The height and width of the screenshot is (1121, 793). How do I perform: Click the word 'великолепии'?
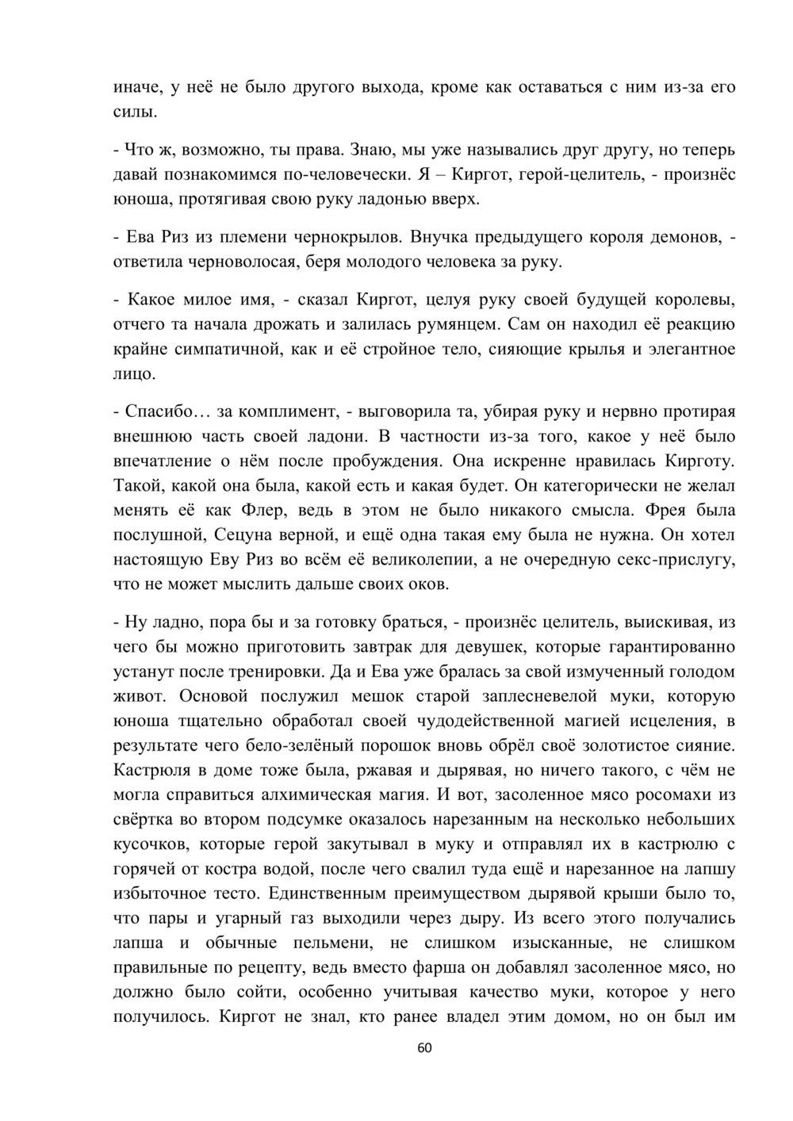(414, 559)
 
